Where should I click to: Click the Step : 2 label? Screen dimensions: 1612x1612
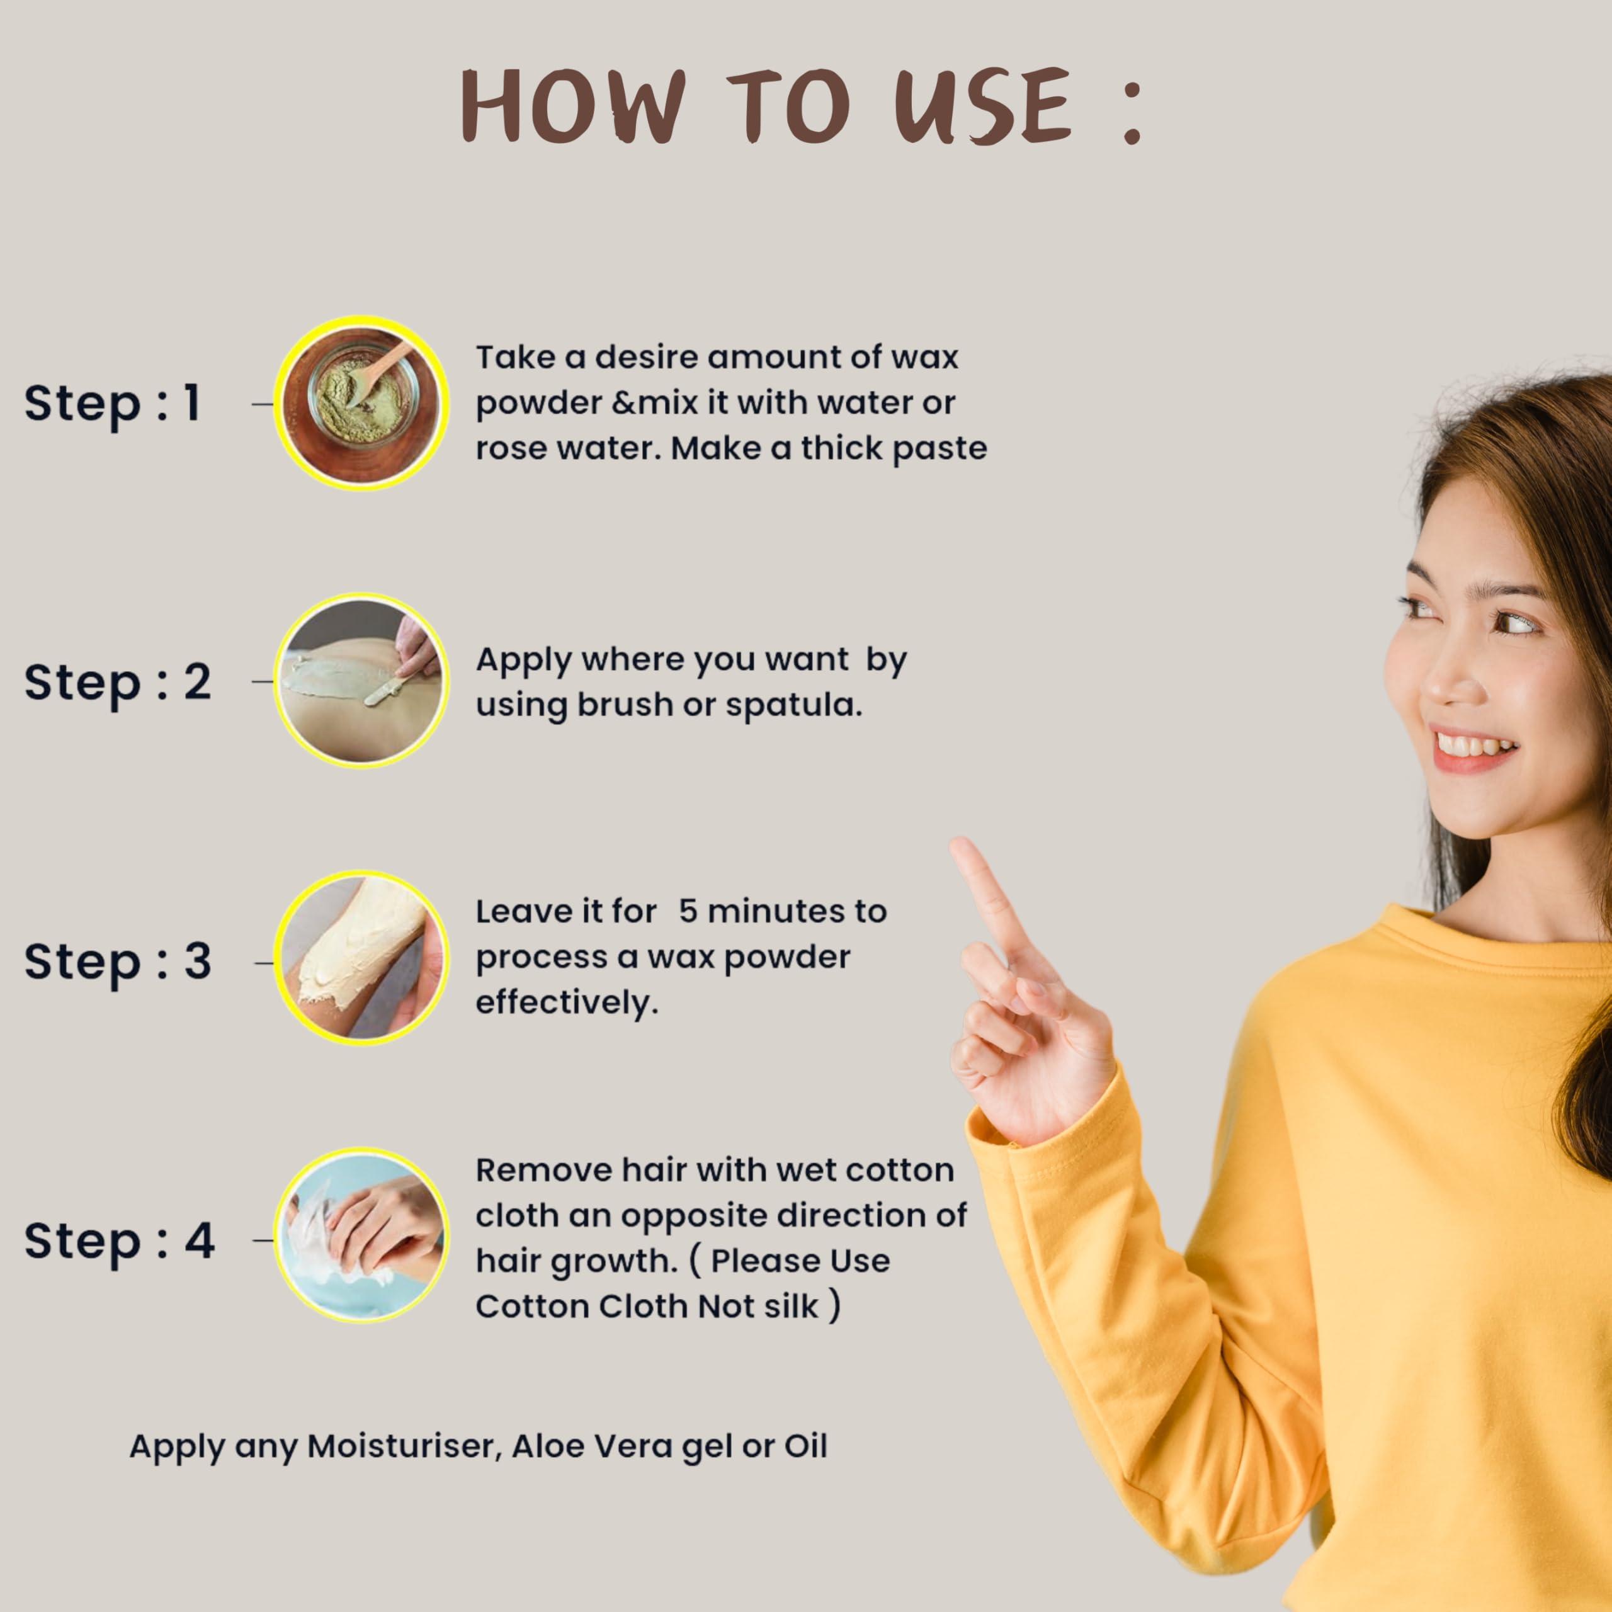[118, 683]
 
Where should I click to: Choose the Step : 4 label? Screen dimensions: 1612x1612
[119, 1240]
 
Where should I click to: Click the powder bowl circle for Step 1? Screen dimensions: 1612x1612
[361, 403]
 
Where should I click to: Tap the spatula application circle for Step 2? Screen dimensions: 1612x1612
[361, 681]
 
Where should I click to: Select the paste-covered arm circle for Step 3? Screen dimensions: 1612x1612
[361, 960]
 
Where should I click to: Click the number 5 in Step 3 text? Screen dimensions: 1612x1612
[688, 911]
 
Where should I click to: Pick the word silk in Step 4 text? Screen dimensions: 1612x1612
[790, 1307]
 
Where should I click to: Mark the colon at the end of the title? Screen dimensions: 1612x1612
[1132, 117]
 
